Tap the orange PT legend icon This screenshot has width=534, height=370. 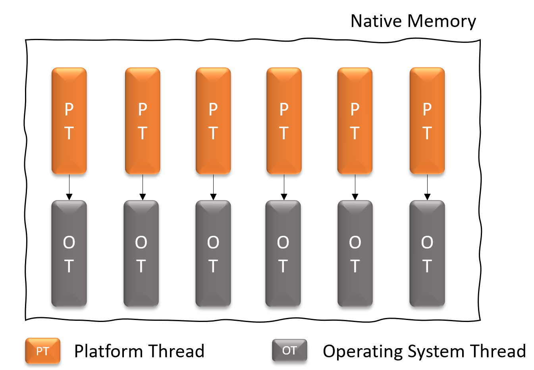[x=42, y=351]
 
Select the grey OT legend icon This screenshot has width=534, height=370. [x=289, y=350]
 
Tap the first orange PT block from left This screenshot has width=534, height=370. [x=69, y=121]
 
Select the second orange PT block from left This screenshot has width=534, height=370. [x=143, y=121]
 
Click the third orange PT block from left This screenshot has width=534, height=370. [x=213, y=121]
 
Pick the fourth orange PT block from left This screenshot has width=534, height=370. [x=284, y=121]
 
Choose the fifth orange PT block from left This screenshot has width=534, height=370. [x=355, y=121]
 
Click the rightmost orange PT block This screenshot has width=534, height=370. [x=427, y=121]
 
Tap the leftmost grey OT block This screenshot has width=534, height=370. [x=69, y=254]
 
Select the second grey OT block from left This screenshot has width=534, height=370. [x=141, y=254]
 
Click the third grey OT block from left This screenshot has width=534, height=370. [x=213, y=254]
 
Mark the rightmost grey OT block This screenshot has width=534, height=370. [x=427, y=254]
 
